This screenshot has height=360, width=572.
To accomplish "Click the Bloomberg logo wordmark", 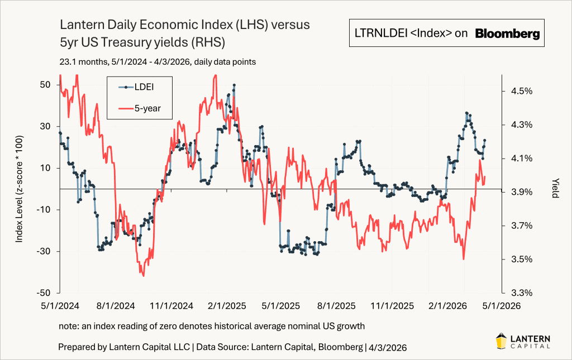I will click(508, 33).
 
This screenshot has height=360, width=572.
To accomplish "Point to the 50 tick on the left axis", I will click(45, 84).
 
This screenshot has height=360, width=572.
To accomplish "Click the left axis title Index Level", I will click(19, 189).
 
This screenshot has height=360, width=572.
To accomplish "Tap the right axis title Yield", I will click(555, 189).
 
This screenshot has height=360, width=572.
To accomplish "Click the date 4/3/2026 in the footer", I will click(387, 347).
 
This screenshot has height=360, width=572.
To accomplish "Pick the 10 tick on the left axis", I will click(46, 168).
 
